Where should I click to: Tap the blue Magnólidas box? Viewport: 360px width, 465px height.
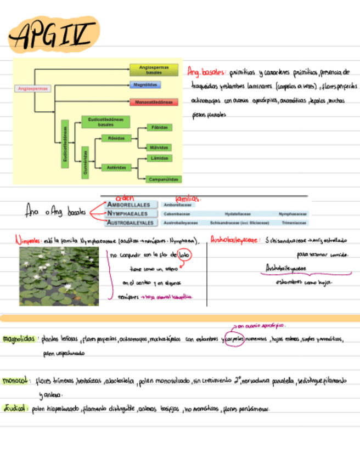click(x=145, y=85)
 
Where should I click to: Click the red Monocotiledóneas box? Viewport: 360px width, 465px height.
click(x=154, y=102)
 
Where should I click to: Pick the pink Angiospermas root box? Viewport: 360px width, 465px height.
click(x=33, y=88)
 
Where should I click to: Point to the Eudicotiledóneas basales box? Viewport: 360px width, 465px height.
click(x=105, y=122)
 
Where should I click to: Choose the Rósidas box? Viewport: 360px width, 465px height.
click(x=117, y=138)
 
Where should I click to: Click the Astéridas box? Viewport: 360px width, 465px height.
click(x=117, y=167)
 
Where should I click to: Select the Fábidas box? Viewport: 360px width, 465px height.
click(x=159, y=128)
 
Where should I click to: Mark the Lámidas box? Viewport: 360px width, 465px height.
click(x=159, y=158)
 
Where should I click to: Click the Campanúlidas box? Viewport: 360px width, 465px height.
click(x=164, y=179)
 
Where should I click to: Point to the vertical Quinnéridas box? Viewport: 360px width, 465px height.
click(x=85, y=162)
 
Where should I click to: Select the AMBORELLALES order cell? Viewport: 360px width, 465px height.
click(x=130, y=205)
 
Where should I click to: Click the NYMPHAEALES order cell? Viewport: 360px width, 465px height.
click(x=130, y=214)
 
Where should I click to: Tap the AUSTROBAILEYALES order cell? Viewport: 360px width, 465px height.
click(x=130, y=223)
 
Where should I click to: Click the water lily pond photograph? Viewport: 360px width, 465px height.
click(x=59, y=276)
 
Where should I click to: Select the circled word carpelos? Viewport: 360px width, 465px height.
click(x=235, y=339)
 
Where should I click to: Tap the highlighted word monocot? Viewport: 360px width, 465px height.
click(x=16, y=380)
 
